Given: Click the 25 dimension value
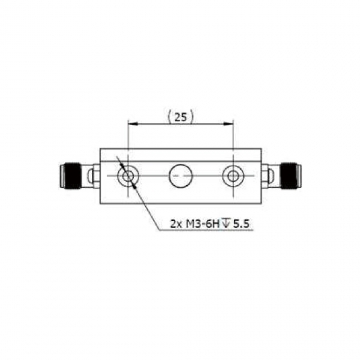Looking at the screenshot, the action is tap(181, 116).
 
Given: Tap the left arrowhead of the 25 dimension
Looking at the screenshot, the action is tap(133, 124).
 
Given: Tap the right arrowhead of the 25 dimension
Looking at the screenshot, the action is tap(228, 124).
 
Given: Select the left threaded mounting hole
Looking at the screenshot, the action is tap(128, 176).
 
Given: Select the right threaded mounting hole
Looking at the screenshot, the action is tap(233, 176).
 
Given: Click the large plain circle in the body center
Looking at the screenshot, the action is tap(180, 176).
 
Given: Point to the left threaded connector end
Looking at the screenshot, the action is tap(70, 176).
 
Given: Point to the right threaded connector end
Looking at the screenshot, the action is tap(291, 176).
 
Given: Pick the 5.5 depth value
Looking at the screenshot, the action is tap(241, 224).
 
